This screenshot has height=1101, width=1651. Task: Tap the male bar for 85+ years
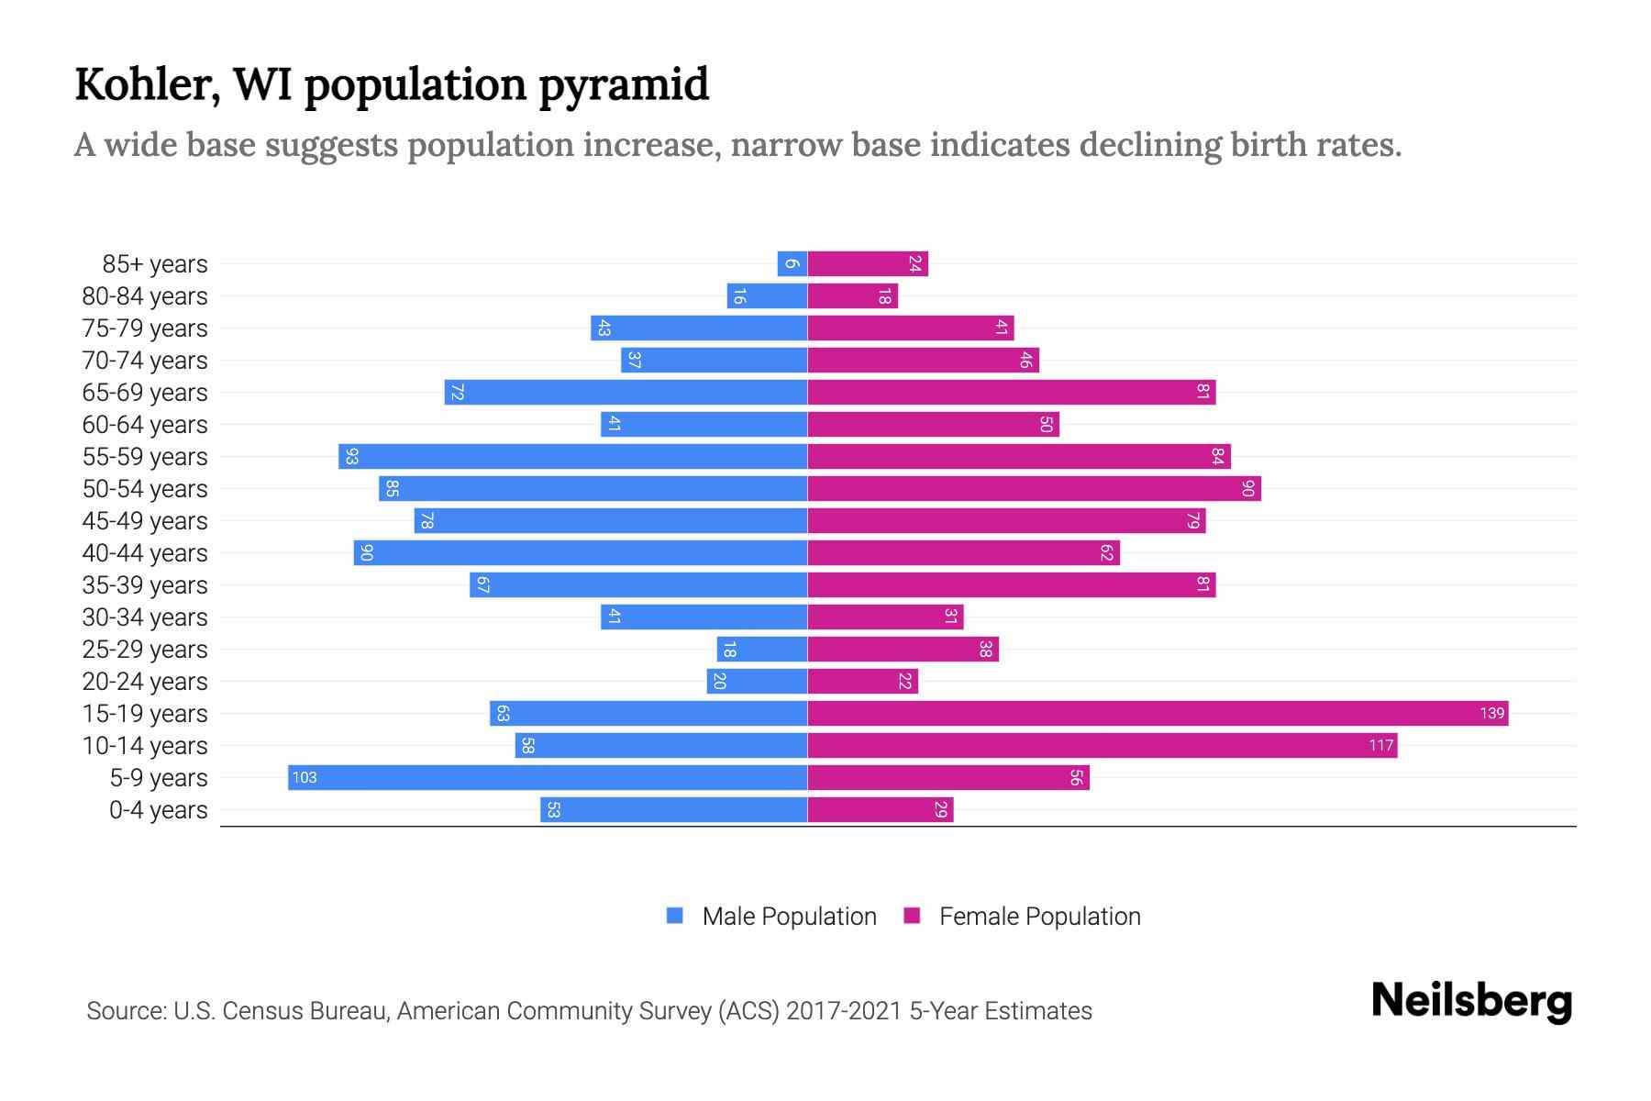tap(792, 263)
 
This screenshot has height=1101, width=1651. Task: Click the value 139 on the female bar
tap(1491, 713)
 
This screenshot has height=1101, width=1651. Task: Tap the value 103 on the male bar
tap(304, 777)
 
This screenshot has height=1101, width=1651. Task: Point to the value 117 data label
tap(1380, 745)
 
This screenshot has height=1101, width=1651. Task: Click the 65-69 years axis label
tap(145, 393)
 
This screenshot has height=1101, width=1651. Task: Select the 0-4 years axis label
tap(158, 810)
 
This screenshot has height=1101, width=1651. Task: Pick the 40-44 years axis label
tap(145, 553)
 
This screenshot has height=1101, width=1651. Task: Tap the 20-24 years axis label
tap(145, 682)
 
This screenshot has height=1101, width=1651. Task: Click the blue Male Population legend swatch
tap(675, 916)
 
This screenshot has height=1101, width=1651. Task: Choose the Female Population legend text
tap(1039, 916)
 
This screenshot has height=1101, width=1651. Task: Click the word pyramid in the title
tap(623, 84)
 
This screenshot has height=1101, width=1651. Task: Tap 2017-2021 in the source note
tap(844, 1010)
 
